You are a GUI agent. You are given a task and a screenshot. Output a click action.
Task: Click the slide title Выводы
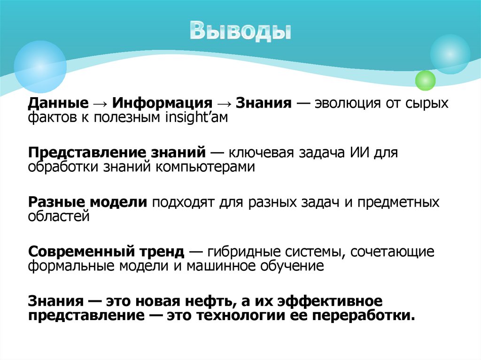tap(240, 31)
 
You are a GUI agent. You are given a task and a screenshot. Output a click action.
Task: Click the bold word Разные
tap(57, 203)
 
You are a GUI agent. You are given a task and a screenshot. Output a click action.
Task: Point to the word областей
tap(59, 216)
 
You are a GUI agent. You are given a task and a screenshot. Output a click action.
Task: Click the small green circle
tap(426, 80)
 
